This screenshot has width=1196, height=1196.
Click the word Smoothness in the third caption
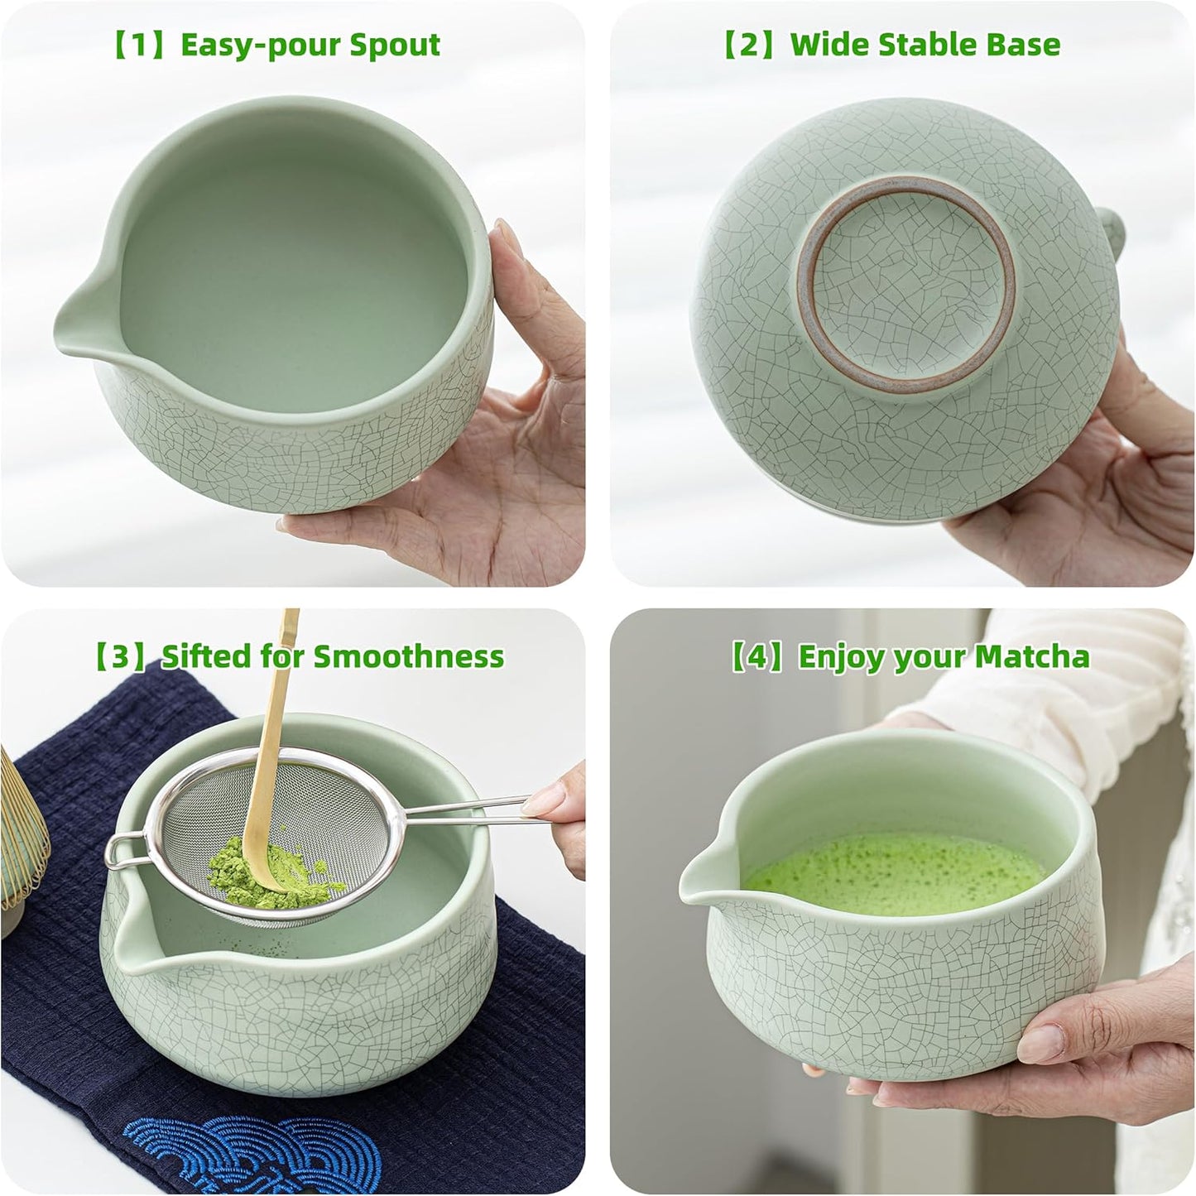[x=408, y=656]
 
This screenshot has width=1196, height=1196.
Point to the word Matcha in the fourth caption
[x=1032, y=656]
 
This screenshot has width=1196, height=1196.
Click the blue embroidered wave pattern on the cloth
[x=215, y=1150]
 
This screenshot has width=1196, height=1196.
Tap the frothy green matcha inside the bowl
[x=894, y=869]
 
